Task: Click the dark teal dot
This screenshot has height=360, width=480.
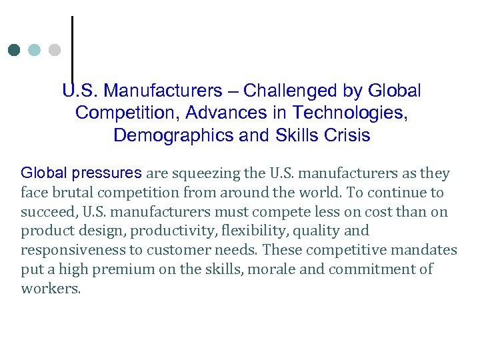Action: tap(15, 50)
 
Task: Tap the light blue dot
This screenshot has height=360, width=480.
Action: tap(35, 50)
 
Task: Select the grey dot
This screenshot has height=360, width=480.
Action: tap(55, 50)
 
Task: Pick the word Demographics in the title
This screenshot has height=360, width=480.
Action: tap(174, 135)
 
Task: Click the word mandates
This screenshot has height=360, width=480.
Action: tap(425, 251)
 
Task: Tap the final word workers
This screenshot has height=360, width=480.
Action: tap(50, 289)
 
